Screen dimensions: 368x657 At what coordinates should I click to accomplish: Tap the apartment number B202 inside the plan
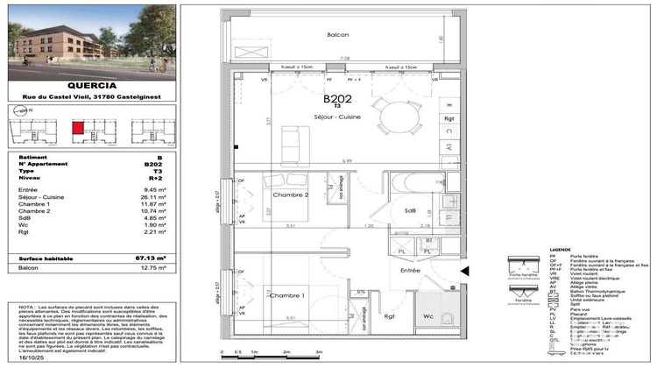pos(338,100)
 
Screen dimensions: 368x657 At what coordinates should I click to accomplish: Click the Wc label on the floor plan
pos(428,316)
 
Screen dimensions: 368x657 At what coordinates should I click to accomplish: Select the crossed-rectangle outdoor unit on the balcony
pos(252,52)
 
